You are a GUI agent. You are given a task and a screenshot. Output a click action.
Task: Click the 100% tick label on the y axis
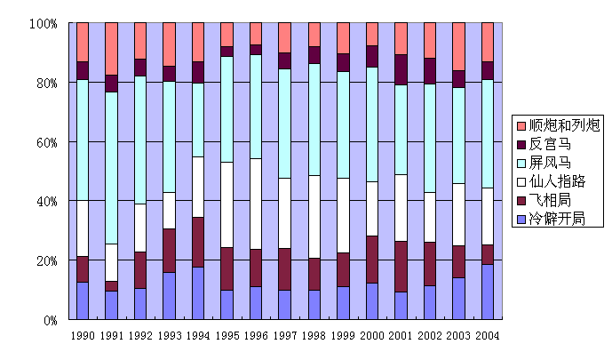click(44, 24)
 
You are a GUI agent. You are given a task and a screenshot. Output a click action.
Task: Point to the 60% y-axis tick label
click(47, 142)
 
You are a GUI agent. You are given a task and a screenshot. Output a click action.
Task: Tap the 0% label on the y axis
click(51, 321)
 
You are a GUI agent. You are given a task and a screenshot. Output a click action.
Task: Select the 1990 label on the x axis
click(83, 335)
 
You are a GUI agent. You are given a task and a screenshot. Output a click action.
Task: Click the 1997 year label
click(285, 335)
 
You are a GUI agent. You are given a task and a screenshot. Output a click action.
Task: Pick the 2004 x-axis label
click(488, 335)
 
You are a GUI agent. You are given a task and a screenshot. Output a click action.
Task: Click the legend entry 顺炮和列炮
click(564, 125)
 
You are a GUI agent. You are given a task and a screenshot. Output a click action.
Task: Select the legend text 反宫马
click(550, 145)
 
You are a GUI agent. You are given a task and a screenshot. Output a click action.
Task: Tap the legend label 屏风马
click(550, 163)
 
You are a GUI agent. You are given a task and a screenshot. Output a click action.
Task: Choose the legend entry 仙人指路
click(557, 181)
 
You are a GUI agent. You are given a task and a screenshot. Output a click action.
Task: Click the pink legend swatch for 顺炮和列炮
click(521, 125)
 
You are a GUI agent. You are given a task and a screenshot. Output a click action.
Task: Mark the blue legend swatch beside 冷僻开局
click(521, 219)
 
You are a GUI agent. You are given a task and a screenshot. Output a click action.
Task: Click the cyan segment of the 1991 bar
click(112, 168)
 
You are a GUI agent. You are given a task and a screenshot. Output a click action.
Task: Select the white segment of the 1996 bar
click(256, 204)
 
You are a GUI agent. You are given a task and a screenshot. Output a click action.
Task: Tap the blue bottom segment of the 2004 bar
click(488, 292)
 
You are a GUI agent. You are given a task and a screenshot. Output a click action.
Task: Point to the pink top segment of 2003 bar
click(458, 46)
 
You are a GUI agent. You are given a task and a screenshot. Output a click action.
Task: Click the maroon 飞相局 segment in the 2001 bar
click(401, 267)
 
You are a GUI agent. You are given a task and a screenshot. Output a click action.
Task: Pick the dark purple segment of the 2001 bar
click(401, 70)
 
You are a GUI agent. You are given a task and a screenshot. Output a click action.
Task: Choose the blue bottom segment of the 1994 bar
click(198, 293)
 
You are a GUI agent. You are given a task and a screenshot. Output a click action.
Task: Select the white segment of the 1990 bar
click(83, 228)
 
